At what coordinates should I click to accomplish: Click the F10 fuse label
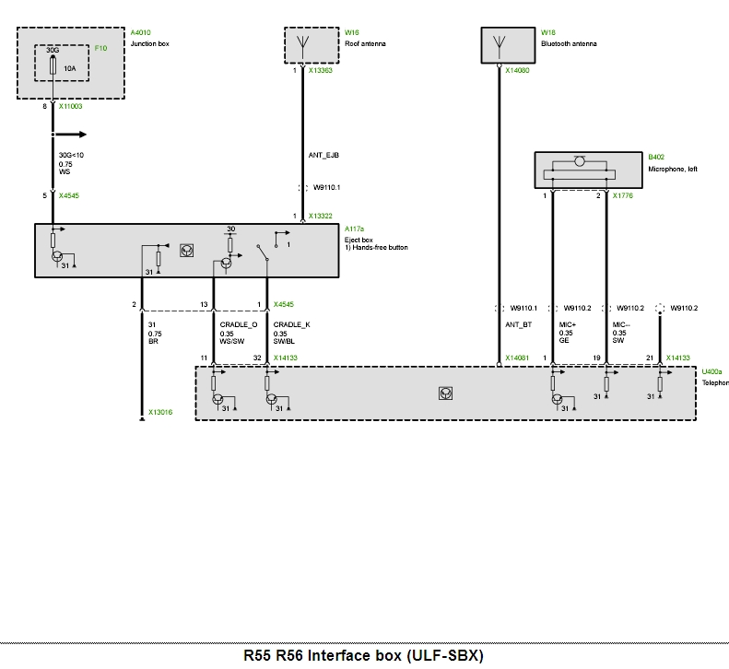[100, 48]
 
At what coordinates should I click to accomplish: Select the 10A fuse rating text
[70, 68]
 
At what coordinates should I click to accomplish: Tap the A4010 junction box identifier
[140, 32]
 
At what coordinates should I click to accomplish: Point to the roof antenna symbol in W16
[302, 45]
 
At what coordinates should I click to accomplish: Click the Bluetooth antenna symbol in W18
[500, 45]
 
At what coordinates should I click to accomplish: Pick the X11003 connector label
[70, 107]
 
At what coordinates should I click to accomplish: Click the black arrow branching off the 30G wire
[69, 135]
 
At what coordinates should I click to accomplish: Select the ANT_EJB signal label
[323, 156]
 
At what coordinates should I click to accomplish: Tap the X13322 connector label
[321, 217]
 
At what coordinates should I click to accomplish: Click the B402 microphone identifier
[656, 158]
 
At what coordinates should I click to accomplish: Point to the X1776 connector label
[622, 195]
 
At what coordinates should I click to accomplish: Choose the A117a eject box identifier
[354, 229]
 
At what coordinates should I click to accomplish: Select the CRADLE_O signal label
[239, 324]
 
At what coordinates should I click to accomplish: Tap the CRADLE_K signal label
[291, 324]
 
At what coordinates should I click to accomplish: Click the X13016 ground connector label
[160, 413]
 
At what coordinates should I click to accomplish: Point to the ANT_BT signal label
[518, 324]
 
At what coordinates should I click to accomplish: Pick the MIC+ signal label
[567, 324]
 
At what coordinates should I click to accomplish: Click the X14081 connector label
[517, 358]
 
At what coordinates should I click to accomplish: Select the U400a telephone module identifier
[711, 372]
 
